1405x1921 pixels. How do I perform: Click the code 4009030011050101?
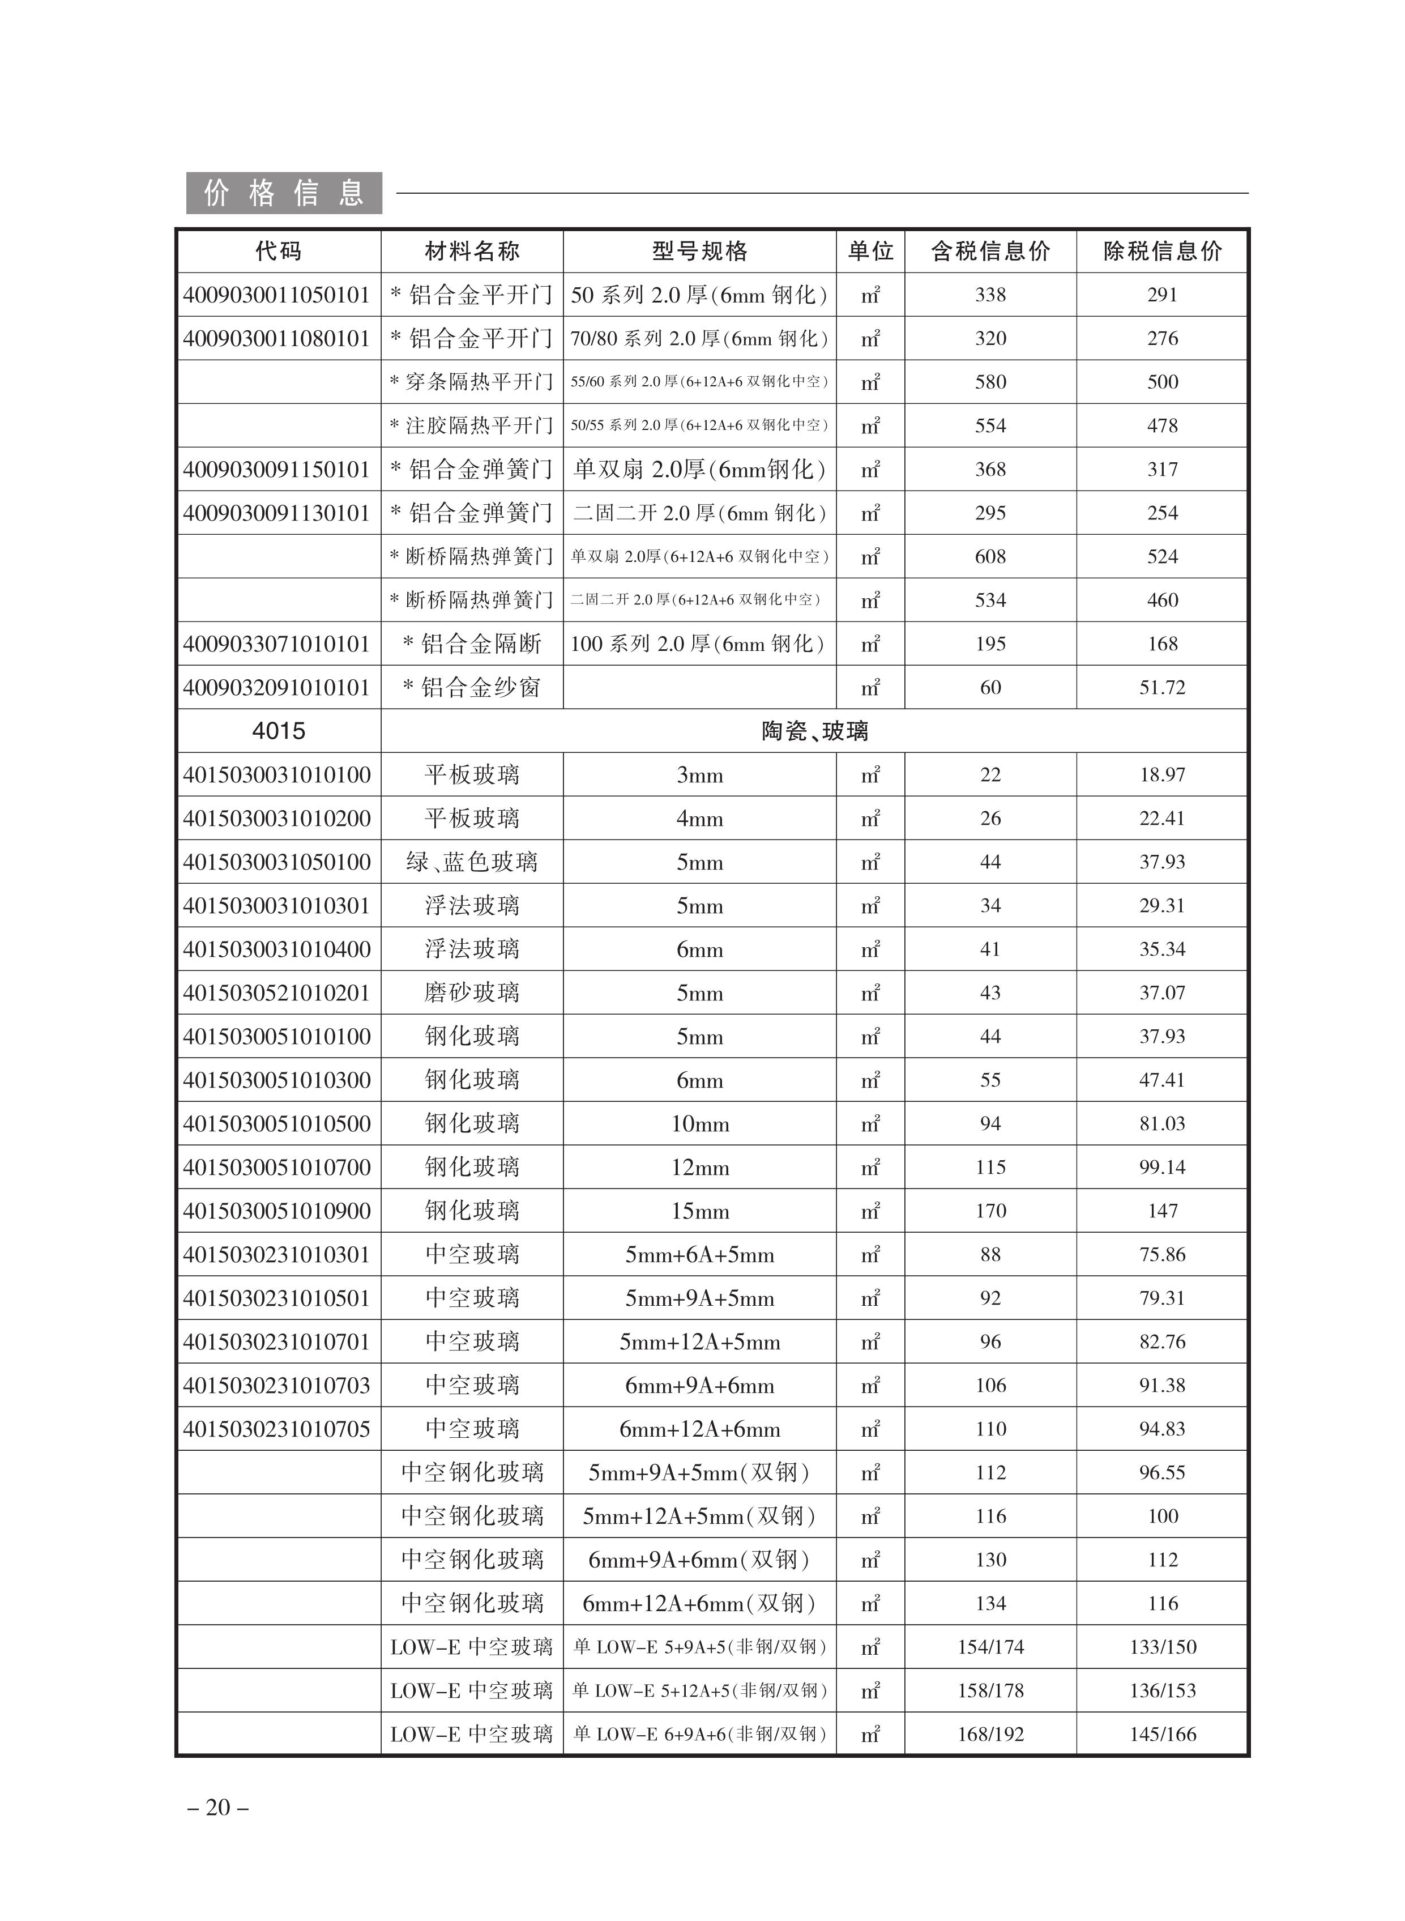(277, 295)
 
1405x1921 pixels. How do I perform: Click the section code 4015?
(278, 731)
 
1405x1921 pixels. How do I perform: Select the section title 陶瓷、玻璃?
(814, 731)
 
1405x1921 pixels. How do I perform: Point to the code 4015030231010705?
(277, 1429)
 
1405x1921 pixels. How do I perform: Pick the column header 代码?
(278, 251)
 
